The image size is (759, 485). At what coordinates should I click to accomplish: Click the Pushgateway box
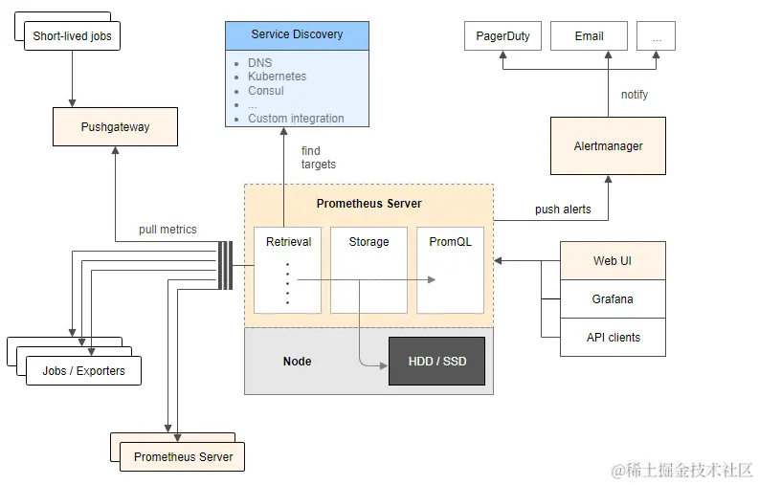pyautogui.click(x=115, y=126)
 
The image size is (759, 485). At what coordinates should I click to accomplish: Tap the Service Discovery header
pyautogui.click(x=297, y=35)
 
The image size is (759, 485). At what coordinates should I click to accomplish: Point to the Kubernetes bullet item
pyautogui.click(x=277, y=77)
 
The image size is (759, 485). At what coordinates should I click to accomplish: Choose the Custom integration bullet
pyautogui.click(x=296, y=119)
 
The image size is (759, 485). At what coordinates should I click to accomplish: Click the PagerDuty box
pyautogui.click(x=502, y=37)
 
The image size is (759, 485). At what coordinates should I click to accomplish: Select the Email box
pyautogui.click(x=589, y=37)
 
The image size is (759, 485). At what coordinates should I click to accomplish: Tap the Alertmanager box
pyautogui.click(x=608, y=145)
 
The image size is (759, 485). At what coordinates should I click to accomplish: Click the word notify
pyautogui.click(x=635, y=94)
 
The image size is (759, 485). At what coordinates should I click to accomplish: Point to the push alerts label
pyautogui.click(x=563, y=209)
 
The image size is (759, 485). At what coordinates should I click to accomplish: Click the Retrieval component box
pyautogui.click(x=287, y=270)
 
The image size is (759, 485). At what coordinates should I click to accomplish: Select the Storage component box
pyautogui.click(x=368, y=270)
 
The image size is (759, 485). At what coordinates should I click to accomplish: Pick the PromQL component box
pyautogui.click(x=450, y=270)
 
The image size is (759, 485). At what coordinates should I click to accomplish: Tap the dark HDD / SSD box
pyautogui.click(x=435, y=361)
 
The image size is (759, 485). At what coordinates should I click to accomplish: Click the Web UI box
pyautogui.click(x=613, y=260)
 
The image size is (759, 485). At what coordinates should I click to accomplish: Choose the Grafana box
pyautogui.click(x=613, y=298)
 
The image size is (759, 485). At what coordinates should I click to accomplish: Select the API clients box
pyautogui.click(x=613, y=337)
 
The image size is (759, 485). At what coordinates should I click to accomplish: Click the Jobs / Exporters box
pyautogui.click(x=83, y=370)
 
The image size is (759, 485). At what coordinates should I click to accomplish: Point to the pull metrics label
pyautogui.click(x=167, y=230)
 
